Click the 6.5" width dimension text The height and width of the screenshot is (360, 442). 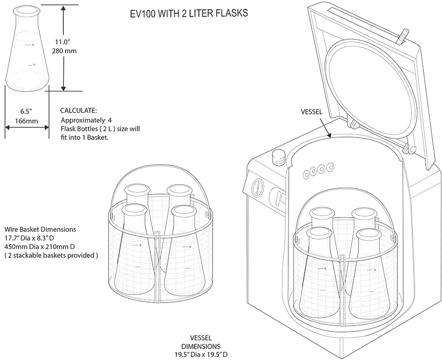coord(26,111)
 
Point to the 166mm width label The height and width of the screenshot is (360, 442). coord(27,120)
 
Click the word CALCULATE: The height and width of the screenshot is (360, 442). coord(78,111)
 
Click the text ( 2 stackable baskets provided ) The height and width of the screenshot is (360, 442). coord(51,256)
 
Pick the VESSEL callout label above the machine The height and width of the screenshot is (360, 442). coord(312,111)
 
